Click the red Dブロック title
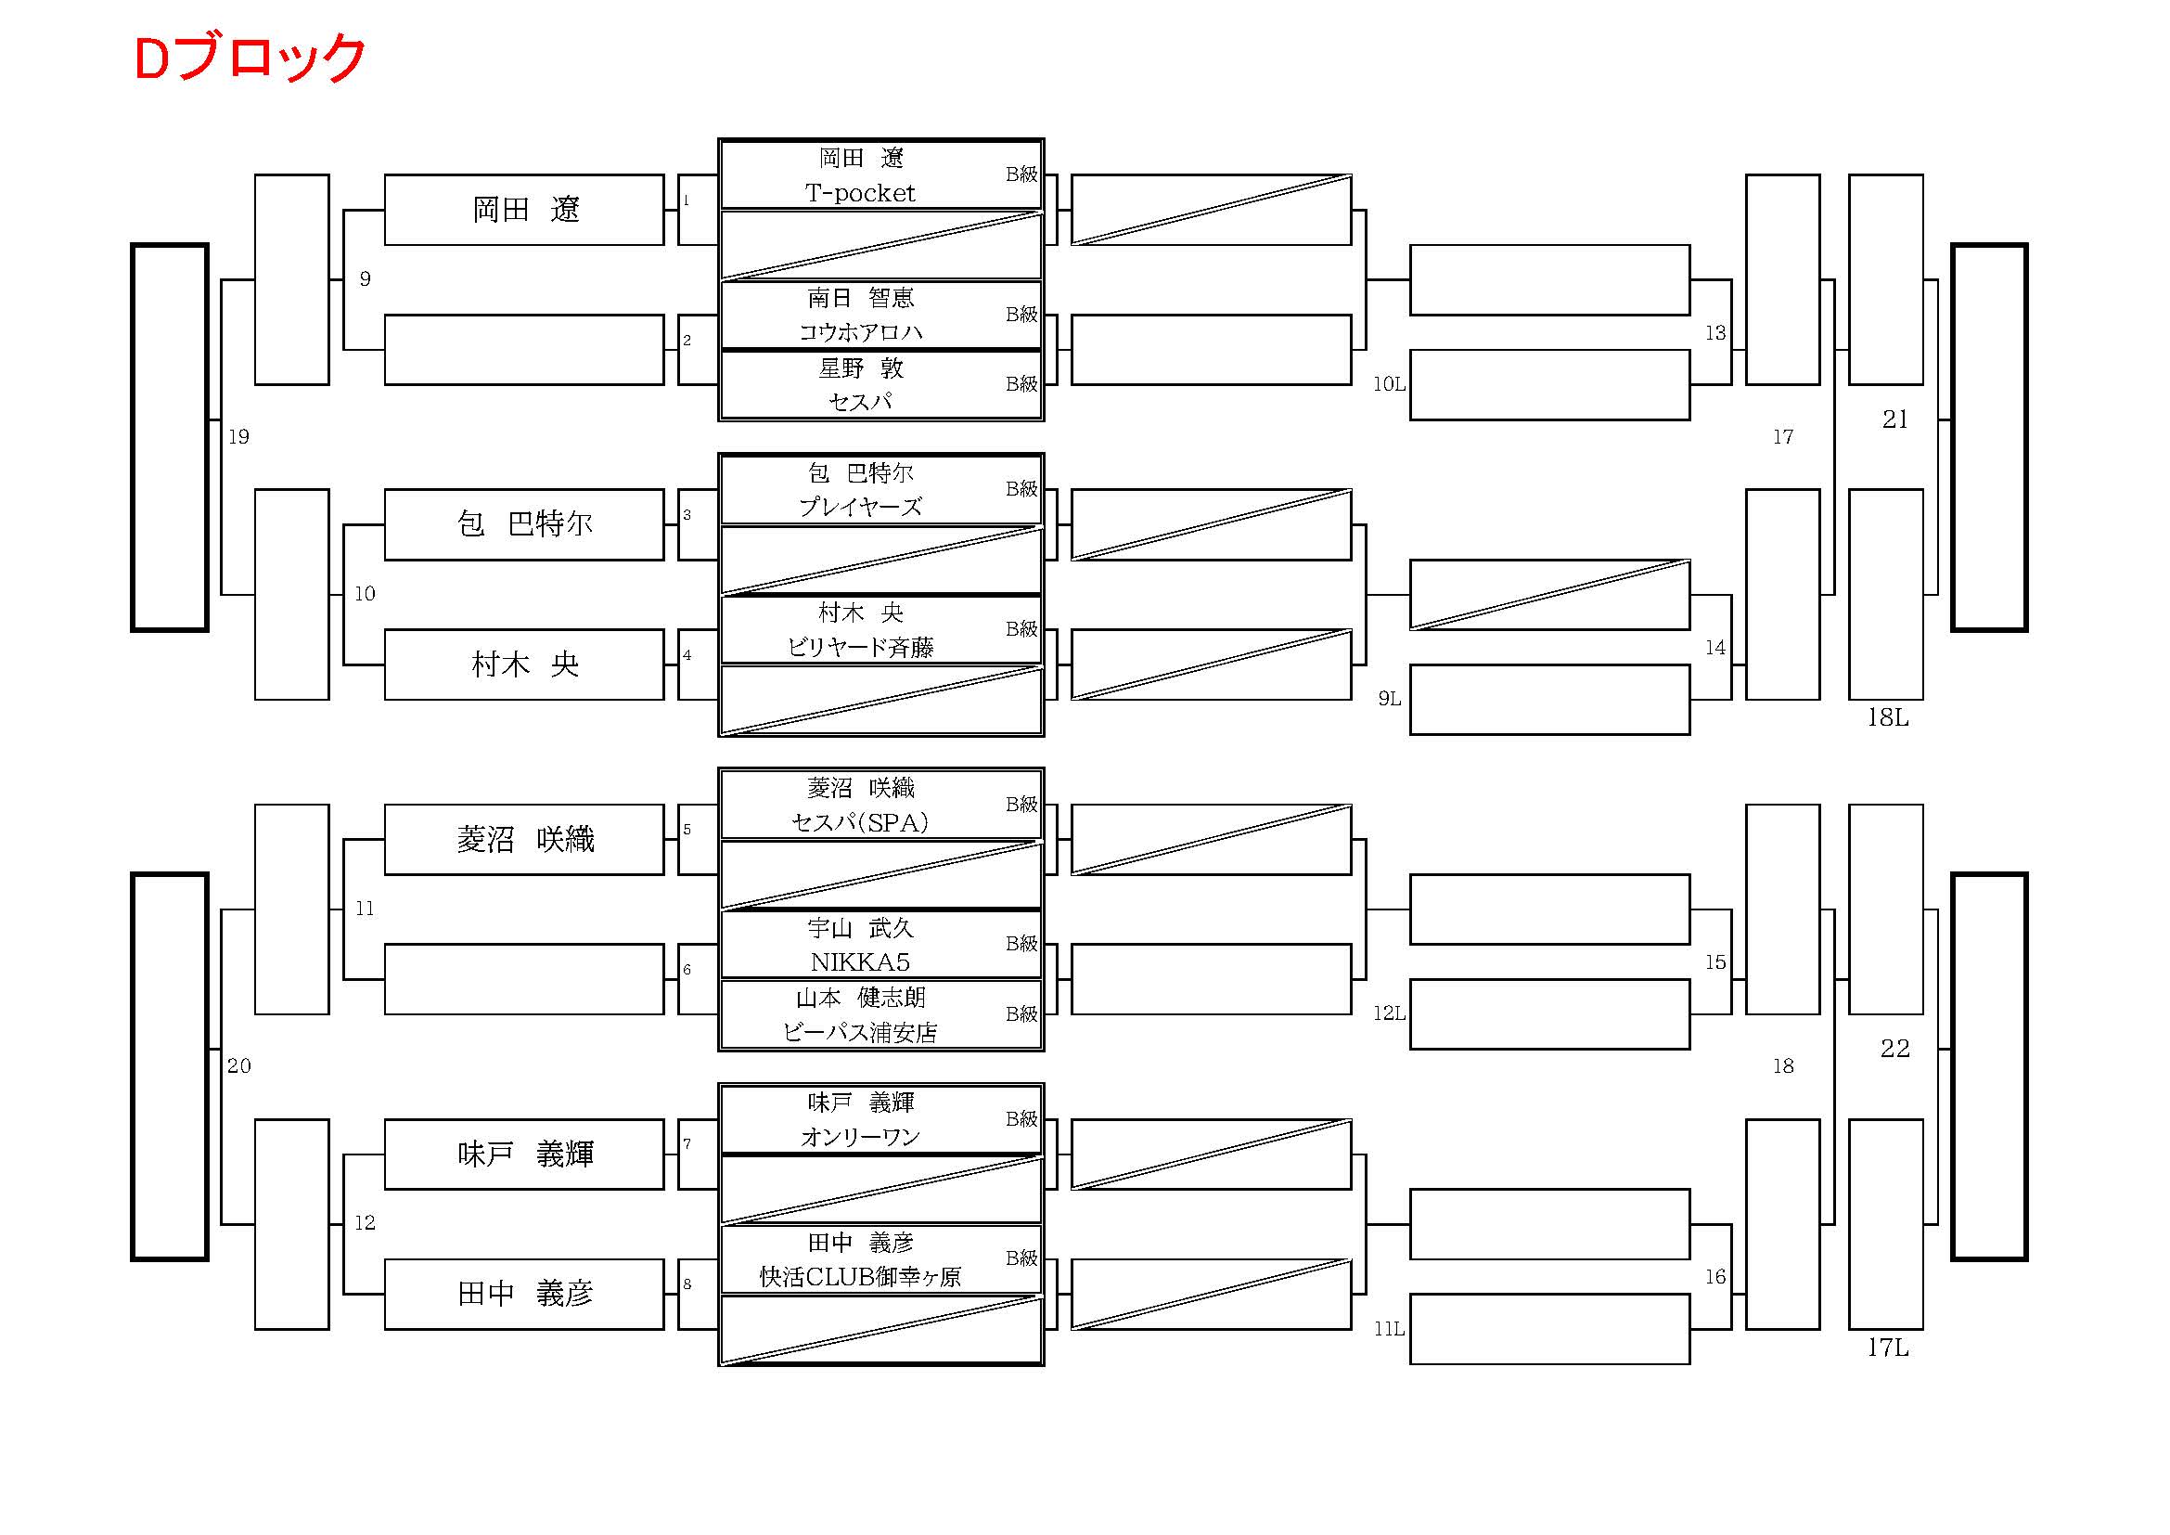click(250, 58)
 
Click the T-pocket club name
click(860, 193)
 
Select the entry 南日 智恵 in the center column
click(860, 298)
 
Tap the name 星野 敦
click(860, 368)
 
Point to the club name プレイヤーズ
click(860, 507)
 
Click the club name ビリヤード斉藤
click(860, 647)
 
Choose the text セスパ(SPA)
click(860, 822)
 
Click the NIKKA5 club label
click(860, 962)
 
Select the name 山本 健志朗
click(860, 997)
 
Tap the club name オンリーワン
click(860, 1137)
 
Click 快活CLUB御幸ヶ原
click(860, 1277)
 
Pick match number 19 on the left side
click(238, 437)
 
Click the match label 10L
click(1389, 384)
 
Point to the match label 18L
click(1887, 717)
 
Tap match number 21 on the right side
click(1894, 419)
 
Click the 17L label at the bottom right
click(1887, 1347)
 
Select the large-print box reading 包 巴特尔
click(524, 523)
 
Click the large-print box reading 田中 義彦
click(524, 1293)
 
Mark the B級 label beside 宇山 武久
click(1021, 943)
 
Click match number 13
click(1714, 333)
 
